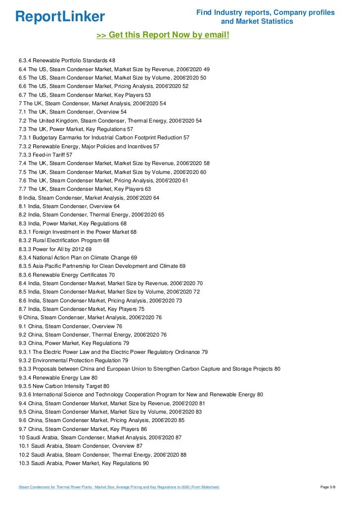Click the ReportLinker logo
pyautogui.click(x=60, y=16)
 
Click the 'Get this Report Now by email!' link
pyautogui.click(x=163, y=36)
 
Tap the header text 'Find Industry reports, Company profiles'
pyautogui.click(x=266, y=12)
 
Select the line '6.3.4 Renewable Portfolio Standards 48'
pyautogui.click(x=67, y=60)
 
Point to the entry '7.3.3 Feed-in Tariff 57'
pyautogui.click(x=45, y=155)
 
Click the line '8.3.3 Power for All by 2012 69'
pyautogui.click(x=55, y=249)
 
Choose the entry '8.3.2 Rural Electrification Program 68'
pyautogui.click(x=64, y=240)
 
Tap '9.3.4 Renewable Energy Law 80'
pyautogui.click(x=58, y=378)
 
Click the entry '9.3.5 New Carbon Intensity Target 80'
pyautogui.click(x=64, y=386)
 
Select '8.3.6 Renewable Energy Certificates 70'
pyautogui.click(x=67, y=275)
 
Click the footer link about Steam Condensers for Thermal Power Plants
pyautogui.click(x=119, y=487)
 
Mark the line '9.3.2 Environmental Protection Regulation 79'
pyautogui.click(x=73, y=360)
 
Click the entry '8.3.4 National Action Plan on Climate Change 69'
pyautogui.click(x=78, y=257)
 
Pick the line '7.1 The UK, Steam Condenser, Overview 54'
pyautogui.click(x=73, y=112)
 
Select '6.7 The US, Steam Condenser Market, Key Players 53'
pyautogui.click(x=85, y=94)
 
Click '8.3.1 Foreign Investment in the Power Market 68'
pyautogui.click(x=78, y=232)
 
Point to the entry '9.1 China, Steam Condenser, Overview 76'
pyautogui.click(x=70, y=326)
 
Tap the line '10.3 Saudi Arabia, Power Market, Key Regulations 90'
pyautogui.click(x=84, y=463)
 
